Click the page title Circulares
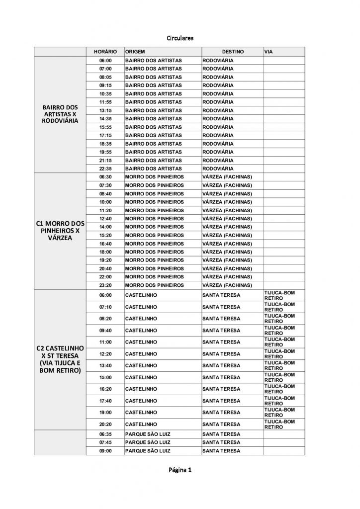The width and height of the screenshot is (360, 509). (180, 38)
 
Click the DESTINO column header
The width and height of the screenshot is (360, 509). (232, 52)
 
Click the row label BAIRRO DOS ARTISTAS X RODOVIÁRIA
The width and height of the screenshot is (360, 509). (61, 114)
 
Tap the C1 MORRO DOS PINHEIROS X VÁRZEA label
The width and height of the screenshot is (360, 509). (61, 231)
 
